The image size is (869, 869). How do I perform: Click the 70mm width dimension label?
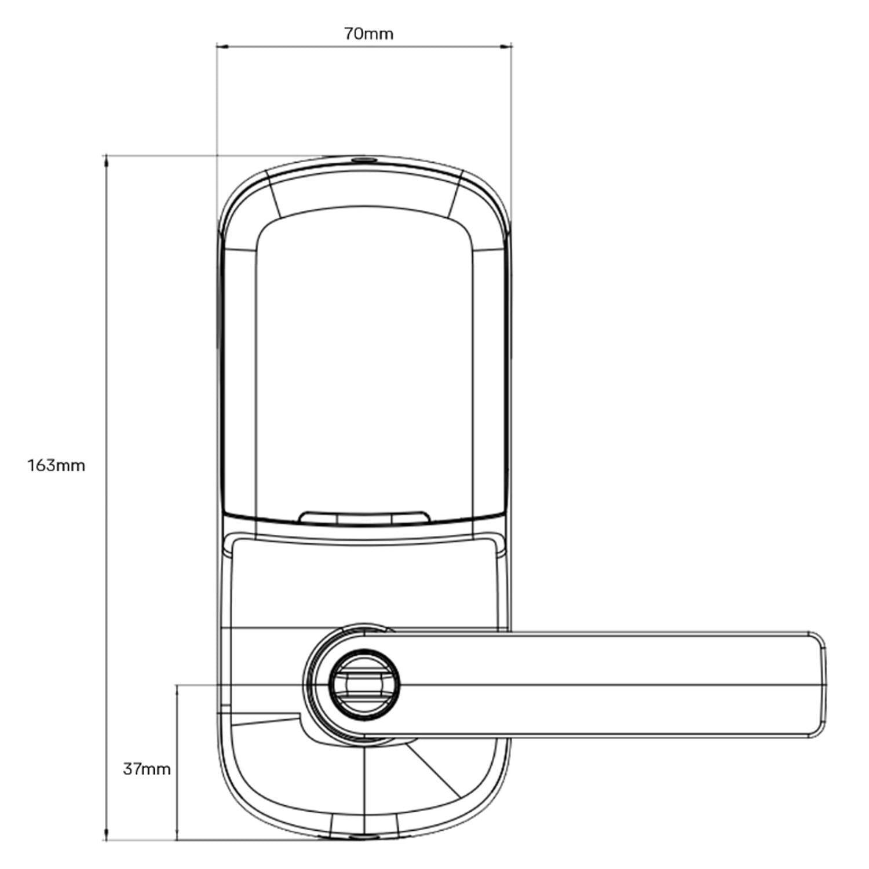click(x=368, y=34)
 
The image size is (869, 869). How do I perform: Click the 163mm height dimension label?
click(x=56, y=465)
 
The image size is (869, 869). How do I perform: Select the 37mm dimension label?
click(x=147, y=769)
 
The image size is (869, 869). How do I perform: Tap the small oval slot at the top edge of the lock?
click(x=364, y=159)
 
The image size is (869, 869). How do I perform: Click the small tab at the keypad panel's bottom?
click(x=364, y=517)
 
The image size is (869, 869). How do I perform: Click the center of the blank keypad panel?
click(x=364, y=365)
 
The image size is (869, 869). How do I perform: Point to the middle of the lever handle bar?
click(x=608, y=685)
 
